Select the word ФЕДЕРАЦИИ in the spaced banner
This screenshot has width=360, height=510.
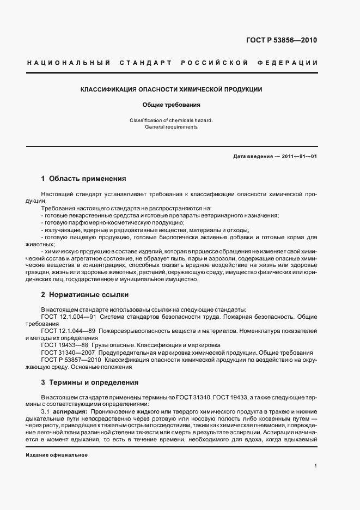point(291,63)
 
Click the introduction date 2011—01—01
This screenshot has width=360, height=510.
point(300,156)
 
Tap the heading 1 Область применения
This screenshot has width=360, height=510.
point(84,178)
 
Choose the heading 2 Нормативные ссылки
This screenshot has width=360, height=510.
point(85,295)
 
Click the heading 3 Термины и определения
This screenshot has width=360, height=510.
point(90,382)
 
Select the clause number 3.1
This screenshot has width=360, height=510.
point(46,412)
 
